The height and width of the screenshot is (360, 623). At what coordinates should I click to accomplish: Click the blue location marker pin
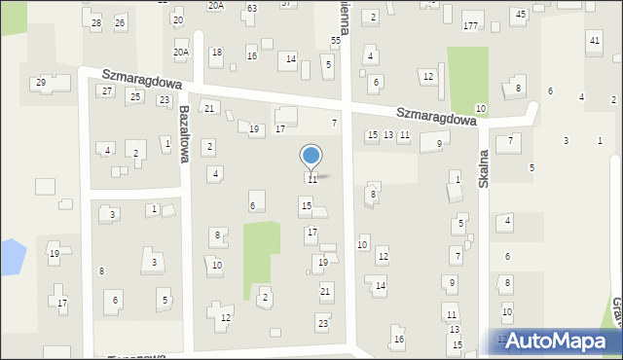311,156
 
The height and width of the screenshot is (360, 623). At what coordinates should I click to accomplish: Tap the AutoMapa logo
558,341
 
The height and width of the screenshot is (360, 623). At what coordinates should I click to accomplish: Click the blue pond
10,257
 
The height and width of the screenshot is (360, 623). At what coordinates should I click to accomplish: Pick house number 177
471,24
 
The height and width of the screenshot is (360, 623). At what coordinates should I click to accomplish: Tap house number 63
251,8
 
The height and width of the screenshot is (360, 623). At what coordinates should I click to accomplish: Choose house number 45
521,14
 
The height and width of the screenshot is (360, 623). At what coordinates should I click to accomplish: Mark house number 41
594,40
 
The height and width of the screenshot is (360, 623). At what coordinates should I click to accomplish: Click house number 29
41,83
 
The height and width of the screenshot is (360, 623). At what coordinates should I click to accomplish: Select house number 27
107,90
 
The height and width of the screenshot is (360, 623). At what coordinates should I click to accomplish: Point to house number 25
135,96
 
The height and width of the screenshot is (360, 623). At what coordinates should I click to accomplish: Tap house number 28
95,22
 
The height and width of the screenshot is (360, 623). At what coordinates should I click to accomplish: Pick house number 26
120,22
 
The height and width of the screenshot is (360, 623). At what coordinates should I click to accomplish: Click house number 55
336,40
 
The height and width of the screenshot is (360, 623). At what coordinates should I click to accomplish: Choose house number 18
216,53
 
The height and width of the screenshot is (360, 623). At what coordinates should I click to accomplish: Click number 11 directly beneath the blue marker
311,180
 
